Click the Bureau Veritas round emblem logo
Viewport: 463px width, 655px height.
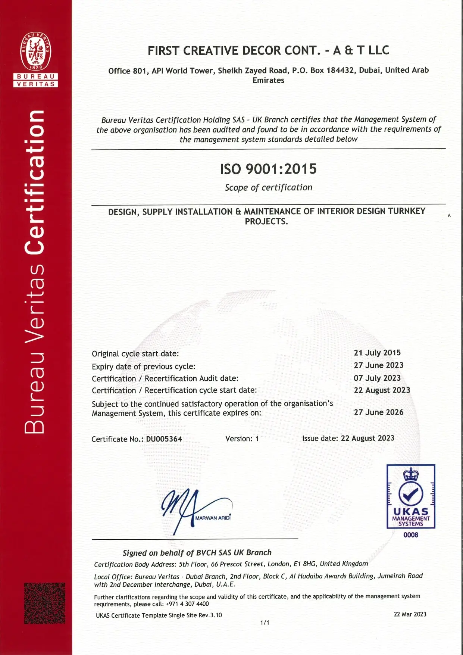[x=35, y=51]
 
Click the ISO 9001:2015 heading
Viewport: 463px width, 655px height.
[x=268, y=169]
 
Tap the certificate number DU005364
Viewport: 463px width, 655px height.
[x=164, y=439]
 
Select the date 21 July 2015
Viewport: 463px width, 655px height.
[x=377, y=353]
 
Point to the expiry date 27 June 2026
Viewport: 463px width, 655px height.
[x=378, y=412]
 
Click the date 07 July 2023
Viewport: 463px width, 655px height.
[x=377, y=378]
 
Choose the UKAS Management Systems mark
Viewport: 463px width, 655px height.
[x=411, y=496]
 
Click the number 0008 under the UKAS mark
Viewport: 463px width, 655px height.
[x=411, y=535]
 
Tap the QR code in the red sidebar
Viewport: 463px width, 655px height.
[x=45, y=603]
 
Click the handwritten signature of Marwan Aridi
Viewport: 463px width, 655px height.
[x=187, y=509]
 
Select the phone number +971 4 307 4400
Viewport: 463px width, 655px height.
[x=187, y=604]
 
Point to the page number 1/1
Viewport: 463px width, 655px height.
[x=265, y=623]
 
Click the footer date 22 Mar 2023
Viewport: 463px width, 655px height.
[x=410, y=614]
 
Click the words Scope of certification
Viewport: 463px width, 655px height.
[x=268, y=187]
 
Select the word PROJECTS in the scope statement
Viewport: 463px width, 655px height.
[x=266, y=221]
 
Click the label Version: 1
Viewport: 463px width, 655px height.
[x=242, y=439]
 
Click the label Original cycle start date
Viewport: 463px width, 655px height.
[x=135, y=353]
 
